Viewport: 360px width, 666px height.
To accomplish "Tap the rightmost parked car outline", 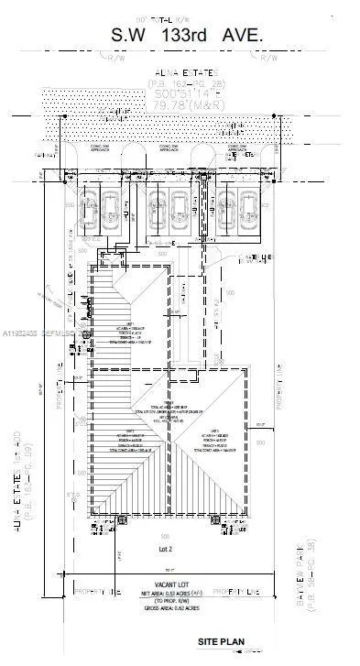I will coord(249,208).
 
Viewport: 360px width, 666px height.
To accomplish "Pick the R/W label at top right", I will coord(268,57).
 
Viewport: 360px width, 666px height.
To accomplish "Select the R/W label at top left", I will coord(115,57).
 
